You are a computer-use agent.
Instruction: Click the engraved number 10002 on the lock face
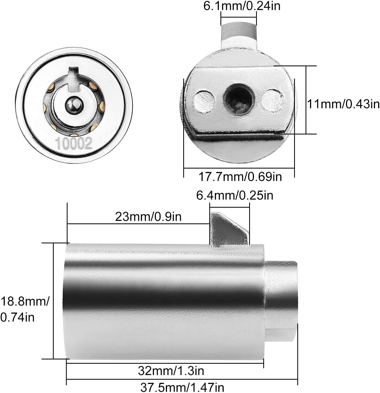coord(74,143)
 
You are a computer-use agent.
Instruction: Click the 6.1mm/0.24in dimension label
coord(242,6)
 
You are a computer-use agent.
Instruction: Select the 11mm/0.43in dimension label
coord(343,104)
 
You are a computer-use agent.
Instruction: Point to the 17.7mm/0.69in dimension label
coord(240,177)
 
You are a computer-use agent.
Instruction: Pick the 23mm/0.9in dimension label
coord(148,217)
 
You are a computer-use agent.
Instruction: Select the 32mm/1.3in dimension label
coord(171,370)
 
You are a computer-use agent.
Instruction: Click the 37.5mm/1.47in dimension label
coord(182,387)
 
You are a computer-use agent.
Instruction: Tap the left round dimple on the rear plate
coord(204,101)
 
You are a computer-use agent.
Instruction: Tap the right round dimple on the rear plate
coord(272,100)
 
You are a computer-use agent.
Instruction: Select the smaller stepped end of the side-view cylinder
coord(281,301)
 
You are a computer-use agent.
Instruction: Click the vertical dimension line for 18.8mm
coord(53,301)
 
